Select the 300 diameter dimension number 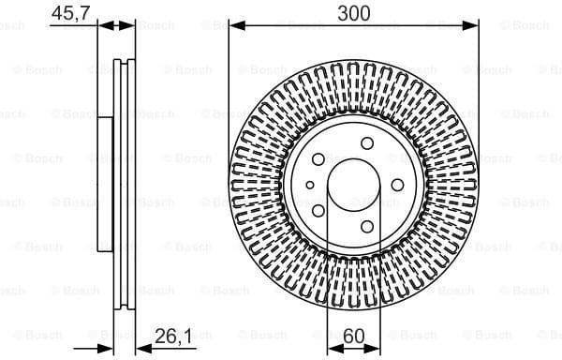point(354,12)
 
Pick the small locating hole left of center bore point(311,185)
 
